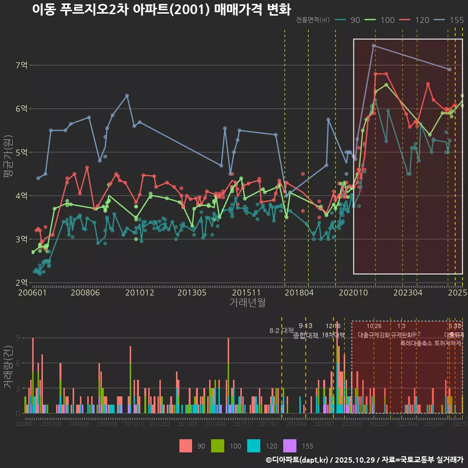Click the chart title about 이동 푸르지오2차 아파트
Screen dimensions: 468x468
(x=161, y=10)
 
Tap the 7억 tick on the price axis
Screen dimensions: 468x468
(x=21, y=65)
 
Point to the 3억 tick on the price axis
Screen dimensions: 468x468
(x=21, y=239)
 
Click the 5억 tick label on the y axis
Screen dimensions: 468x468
(x=21, y=152)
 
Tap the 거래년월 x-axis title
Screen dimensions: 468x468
(x=247, y=303)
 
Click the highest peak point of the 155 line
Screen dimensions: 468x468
(x=373, y=46)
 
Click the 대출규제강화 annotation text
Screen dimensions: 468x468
(x=374, y=335)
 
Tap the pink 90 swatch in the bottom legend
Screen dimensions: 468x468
(x=186, y=446)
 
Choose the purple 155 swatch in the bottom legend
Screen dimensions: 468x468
(x=290, y=446)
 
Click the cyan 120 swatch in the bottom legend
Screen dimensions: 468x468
(x=254, y=446)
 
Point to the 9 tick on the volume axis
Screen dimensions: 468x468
(x=18, y=338)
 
